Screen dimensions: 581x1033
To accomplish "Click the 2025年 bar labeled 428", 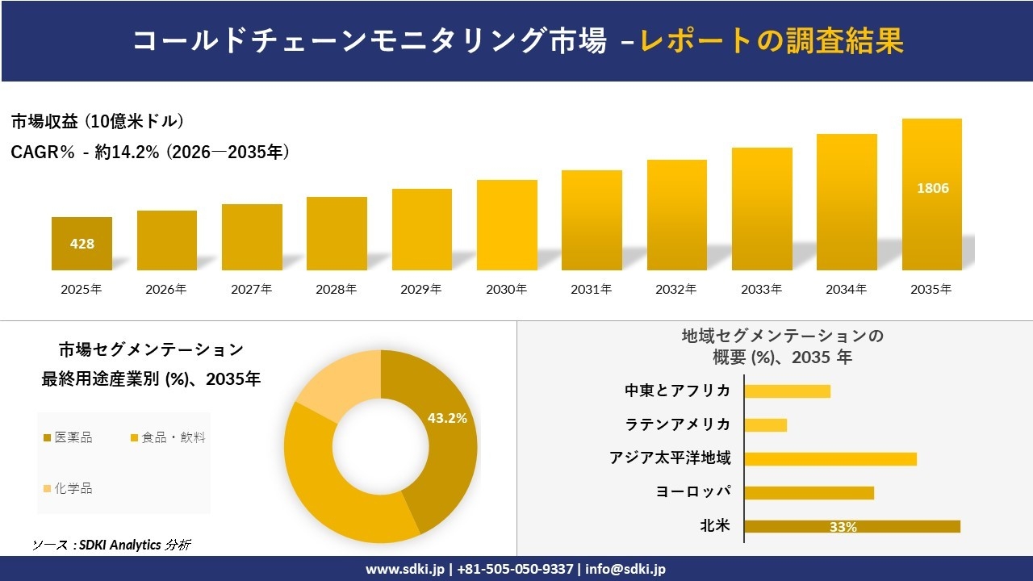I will (x=82, y=244).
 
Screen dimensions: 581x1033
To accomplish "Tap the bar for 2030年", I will (x=507, y=225).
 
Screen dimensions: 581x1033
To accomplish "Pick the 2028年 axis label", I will (x=337, y=289).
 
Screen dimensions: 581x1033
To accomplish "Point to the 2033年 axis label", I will (x=762, y=289).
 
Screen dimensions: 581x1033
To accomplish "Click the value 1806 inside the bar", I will (x=932, y=188).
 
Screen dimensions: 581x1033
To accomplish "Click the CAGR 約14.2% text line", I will (x=150, y=152).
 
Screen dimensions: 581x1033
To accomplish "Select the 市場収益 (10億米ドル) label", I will (x=98, y=122).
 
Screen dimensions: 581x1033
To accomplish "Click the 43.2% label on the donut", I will (x=447, y=418).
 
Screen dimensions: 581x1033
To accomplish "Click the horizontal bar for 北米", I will (x=851, y=527).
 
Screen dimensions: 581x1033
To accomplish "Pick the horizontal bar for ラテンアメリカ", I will (x=765, y=425).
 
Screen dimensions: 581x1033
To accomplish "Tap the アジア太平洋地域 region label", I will (x=670, y=458).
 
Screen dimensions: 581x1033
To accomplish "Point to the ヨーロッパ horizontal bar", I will (x=809, y=493).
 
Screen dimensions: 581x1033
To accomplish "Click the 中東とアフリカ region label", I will (x=677, y=391).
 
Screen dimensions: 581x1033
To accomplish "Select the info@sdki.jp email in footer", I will (x=625, y=569).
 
